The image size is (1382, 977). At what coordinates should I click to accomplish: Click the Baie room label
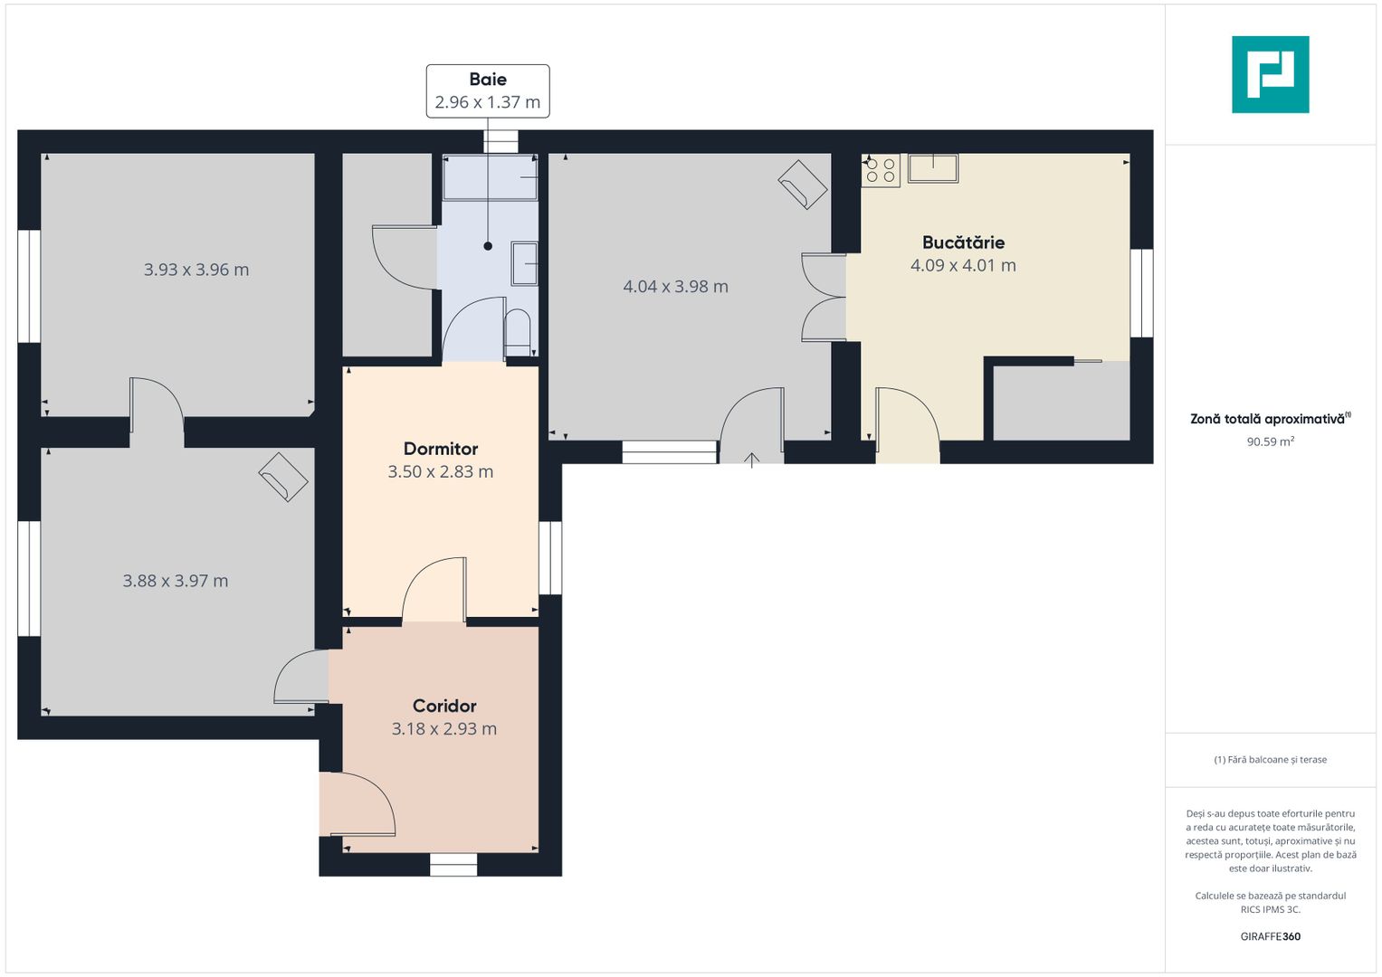click(x=488, y=79)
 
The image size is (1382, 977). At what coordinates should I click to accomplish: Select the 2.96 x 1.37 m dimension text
click(x=488, y=101)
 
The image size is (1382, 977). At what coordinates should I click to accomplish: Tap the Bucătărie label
click(x=963, y=242)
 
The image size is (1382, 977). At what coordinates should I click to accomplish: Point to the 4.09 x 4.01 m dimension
click(x=963, y=265)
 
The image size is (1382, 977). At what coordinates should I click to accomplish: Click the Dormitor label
click(x=441, y=449)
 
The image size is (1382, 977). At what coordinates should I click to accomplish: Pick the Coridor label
click(x=444, y=706)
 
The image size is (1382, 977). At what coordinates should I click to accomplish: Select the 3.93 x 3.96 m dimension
click(x=196, y=270)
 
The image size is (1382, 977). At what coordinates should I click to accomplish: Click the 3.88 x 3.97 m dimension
click(x=176, y=581)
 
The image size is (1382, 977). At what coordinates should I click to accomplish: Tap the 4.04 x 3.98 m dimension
click(x=675, y=286)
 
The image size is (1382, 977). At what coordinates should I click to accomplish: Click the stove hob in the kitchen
click(x=881, y=170)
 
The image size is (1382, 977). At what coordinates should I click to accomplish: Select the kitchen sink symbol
click(x=933, y=168)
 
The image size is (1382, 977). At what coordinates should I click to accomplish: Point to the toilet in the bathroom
click(x=517, y=333)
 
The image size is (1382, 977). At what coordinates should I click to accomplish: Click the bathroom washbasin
click(x=524, y=263)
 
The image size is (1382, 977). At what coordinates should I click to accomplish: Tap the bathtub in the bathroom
click(x=490, y=177)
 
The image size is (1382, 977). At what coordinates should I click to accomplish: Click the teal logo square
click(x=1271, y=74)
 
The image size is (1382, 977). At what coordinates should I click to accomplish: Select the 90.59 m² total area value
click(x=1271, y=441)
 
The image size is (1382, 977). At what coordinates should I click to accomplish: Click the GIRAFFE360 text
click(x=1271, y=936)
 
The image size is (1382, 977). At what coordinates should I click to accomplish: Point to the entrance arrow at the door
click(x=751, y=460)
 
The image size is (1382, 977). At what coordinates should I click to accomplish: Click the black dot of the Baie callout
click(x=488, y=246)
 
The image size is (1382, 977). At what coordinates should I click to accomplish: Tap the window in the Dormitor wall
click(x=550, y=558)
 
